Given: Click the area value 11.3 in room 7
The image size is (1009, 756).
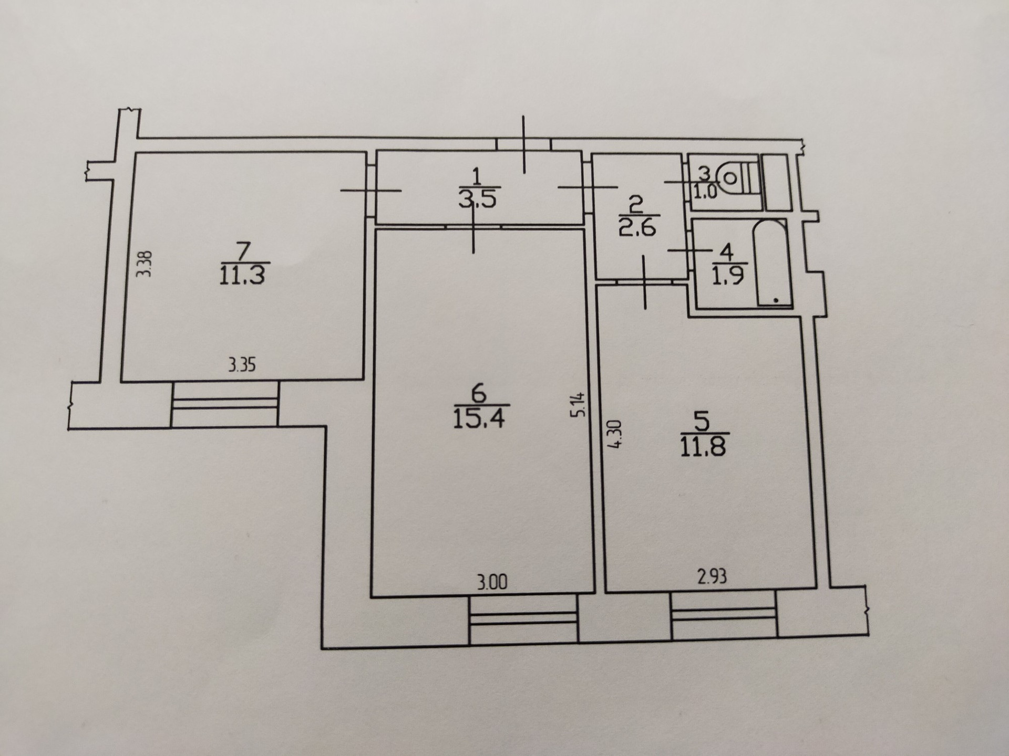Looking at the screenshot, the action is (x=242, y=276).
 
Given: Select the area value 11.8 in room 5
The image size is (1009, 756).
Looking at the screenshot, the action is (x=703, y=447).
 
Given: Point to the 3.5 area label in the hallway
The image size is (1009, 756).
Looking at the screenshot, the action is (x=477, y=201).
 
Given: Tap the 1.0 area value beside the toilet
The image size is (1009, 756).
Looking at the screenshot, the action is (x=705, y=192).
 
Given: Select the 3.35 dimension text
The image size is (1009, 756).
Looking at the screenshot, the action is (x=242, y=364).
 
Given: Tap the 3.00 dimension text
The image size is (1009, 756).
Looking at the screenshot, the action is (x=493, y=582).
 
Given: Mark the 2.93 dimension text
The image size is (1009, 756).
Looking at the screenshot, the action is (x=712, y=577).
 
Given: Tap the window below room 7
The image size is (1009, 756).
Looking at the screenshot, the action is (x=224, y=404).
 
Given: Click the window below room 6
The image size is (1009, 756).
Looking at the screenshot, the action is (x=523, y=619).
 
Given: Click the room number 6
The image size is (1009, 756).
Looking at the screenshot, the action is (x=478, y=392).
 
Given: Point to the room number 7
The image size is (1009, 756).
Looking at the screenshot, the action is (x=243, y=250).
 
